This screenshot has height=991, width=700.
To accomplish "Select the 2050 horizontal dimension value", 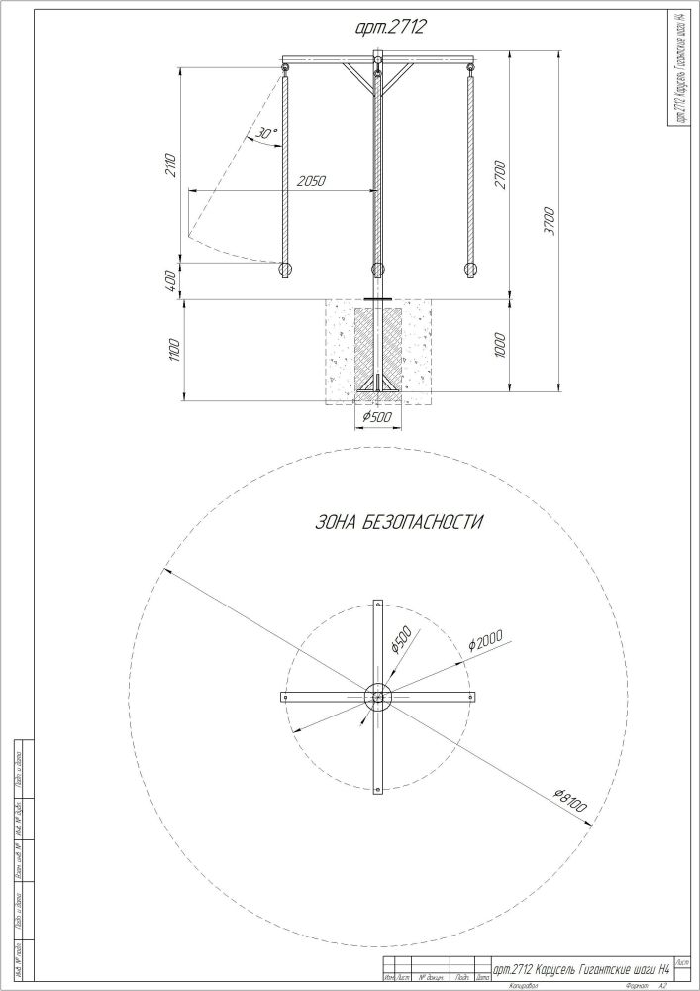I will pyautogui.click(x=312, y=182).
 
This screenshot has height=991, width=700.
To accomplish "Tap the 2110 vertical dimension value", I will pyautogui.click(x=171, y=165).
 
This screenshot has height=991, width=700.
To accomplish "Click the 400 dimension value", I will pyautogui.click(x=171, y=280).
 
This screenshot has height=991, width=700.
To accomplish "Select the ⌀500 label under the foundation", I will pyautogui.click(x=377, y=417).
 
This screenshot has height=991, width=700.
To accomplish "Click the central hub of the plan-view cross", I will pyautogui.click(x=377, y=698).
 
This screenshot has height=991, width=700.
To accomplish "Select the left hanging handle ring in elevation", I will pyautogui.click(x=285, y=269).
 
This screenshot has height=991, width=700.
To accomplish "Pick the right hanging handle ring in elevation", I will pyautogui.click(x=470, y=269).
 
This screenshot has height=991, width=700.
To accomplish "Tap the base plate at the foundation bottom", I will pyautogui.click(x=377, y=390).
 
